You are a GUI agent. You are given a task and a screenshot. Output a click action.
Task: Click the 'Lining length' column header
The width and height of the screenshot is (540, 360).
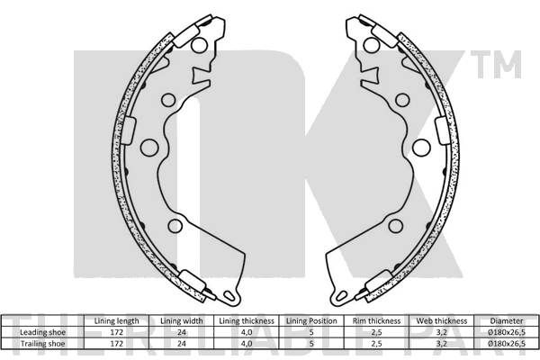point(116,321)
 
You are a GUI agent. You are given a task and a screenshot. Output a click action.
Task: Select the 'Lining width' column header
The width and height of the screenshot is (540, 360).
point(182,321)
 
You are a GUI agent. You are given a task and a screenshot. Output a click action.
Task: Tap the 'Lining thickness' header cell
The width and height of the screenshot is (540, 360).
point(247,321)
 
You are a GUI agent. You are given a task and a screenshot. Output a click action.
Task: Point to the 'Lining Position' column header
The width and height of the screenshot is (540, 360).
point(311,321)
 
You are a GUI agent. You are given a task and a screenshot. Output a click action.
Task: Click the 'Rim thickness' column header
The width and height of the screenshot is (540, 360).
point(376,321)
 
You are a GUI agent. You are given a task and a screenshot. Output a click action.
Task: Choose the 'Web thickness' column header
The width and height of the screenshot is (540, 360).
point(442,321)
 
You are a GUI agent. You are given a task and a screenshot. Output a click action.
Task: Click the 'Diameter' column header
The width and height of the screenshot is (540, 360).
point(507,321)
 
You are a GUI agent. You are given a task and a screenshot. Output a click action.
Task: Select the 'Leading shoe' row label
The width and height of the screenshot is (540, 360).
point(42,332)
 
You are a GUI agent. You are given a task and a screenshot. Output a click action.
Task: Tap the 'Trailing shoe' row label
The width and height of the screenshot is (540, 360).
point(42,344)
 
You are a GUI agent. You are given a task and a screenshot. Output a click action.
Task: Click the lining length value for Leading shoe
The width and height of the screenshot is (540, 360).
point(116,332)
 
